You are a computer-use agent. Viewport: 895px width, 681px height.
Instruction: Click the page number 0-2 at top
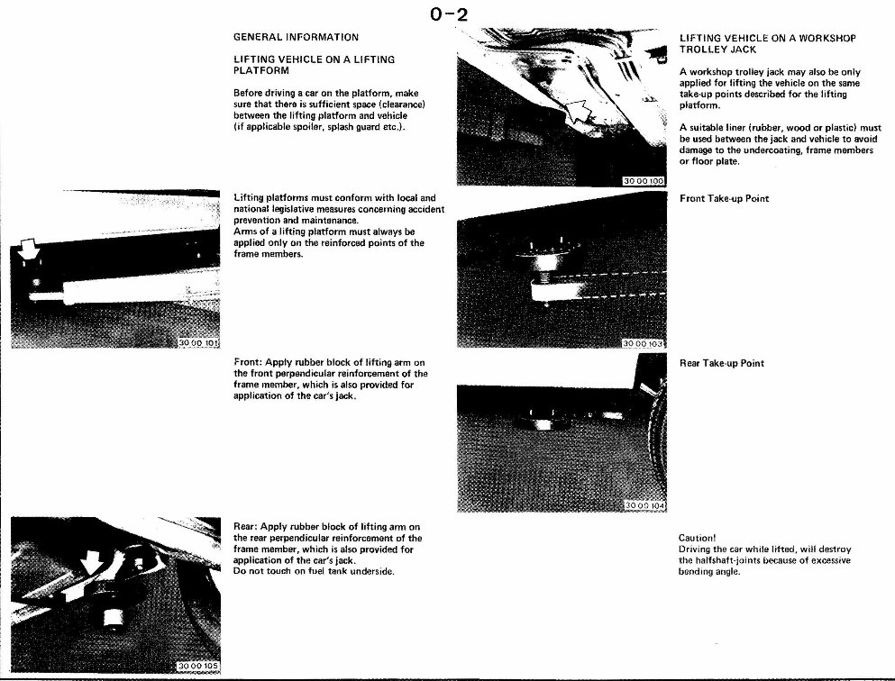(x=448, y=14)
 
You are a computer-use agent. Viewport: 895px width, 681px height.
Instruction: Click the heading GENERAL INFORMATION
(x=296, y=37)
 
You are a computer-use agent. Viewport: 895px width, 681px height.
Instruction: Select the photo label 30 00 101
(x=199, y=342)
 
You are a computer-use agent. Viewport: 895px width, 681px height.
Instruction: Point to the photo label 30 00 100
(x=644, y=181)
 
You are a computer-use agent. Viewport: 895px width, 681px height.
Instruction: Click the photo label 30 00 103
(x=644, y=343)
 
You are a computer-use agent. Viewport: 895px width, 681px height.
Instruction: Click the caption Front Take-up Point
(x=724, y=198)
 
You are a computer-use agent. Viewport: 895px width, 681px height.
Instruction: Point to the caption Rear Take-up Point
(x=721, y=363)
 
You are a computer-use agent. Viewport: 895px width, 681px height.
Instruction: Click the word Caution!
(x=697, y=537)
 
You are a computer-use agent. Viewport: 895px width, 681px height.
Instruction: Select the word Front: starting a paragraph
(x=248, y=362)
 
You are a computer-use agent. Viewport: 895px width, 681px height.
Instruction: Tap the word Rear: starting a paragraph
(x=246, y=526)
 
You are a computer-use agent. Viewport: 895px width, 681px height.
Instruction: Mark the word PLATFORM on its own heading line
(x=260, y=70)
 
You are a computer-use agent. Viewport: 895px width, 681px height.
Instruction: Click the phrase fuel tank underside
(x=350, y=572)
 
